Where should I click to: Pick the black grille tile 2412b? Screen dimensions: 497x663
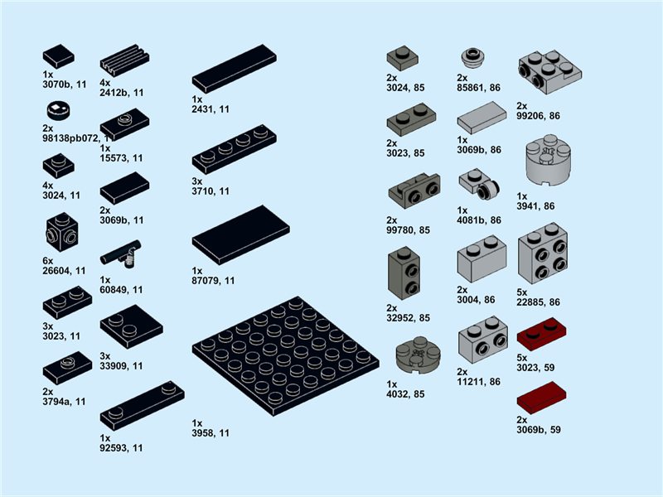(x=124, y=61)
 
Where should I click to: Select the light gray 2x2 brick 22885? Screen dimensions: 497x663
(x=543, y=254)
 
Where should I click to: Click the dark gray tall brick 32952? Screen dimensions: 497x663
(x=404, y=273)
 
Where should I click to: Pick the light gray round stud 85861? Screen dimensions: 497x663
(x=473, y=57)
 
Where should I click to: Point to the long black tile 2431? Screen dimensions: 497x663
(x=235, y=69)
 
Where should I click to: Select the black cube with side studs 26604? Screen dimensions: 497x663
(x=59, y=234)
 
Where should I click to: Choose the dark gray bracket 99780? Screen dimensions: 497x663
(x=414, y=192)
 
